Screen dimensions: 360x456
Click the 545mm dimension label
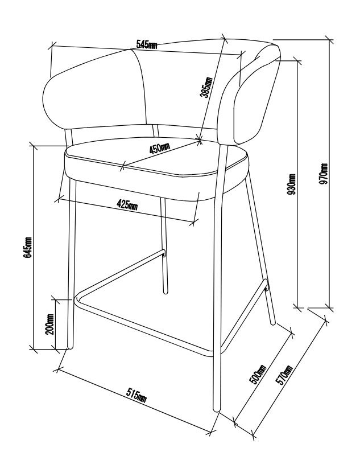pos(147,44)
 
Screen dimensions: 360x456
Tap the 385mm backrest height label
pos(206,87)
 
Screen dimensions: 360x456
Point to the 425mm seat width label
pos(127,205)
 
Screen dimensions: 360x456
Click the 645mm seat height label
pos(28,247)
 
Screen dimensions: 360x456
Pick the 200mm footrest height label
pos(49,324)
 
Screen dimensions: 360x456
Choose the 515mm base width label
pos(136,395)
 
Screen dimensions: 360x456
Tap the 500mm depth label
pos(258,374)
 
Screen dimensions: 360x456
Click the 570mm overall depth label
pos(284,375)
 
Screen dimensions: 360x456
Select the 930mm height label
pos(291,184)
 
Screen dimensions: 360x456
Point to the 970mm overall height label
pos(324,174)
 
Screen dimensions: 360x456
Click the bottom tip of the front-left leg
pos(70,347)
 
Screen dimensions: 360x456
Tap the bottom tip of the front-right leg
pos(217,410)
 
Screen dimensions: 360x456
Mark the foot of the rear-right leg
pos(273,323)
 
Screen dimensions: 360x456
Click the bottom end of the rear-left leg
pos(165,292)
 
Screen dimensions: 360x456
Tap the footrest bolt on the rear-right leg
pos(266,289)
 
